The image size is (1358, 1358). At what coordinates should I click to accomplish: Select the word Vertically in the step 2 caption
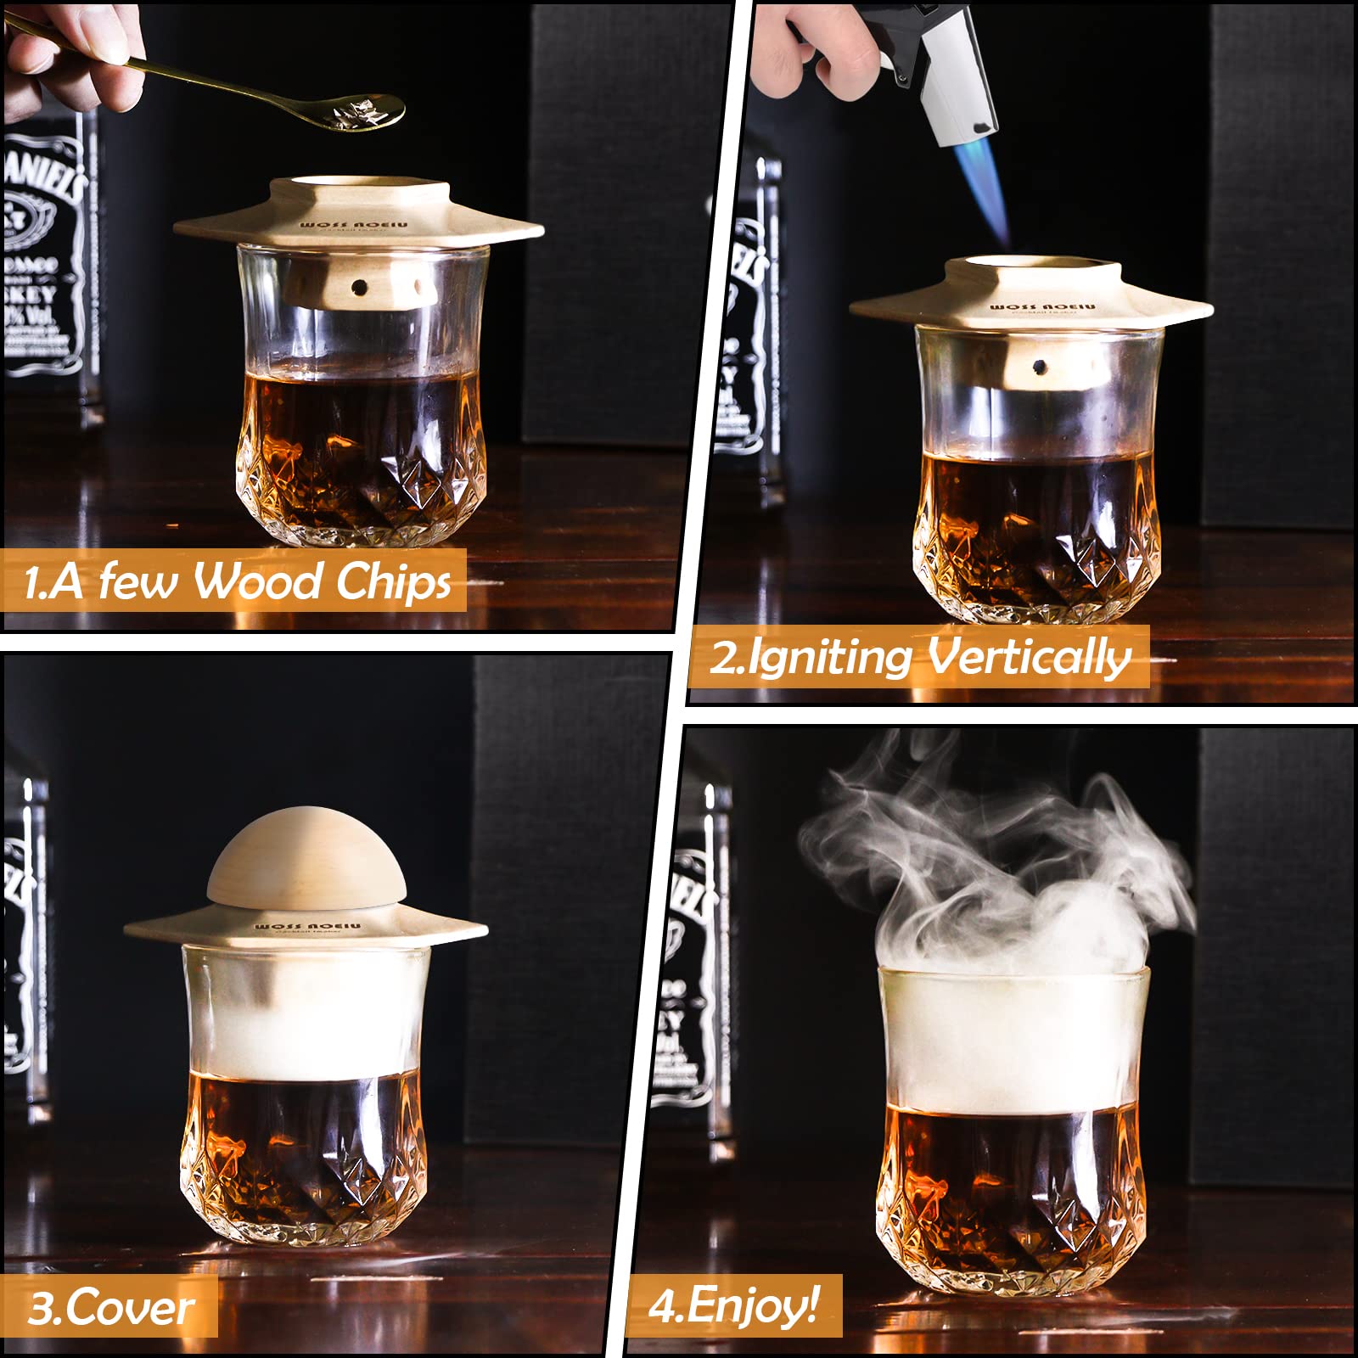(1029, 658)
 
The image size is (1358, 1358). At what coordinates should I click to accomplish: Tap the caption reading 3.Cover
(110, 1308)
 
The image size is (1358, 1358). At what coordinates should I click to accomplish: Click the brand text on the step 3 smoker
(307, 926)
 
